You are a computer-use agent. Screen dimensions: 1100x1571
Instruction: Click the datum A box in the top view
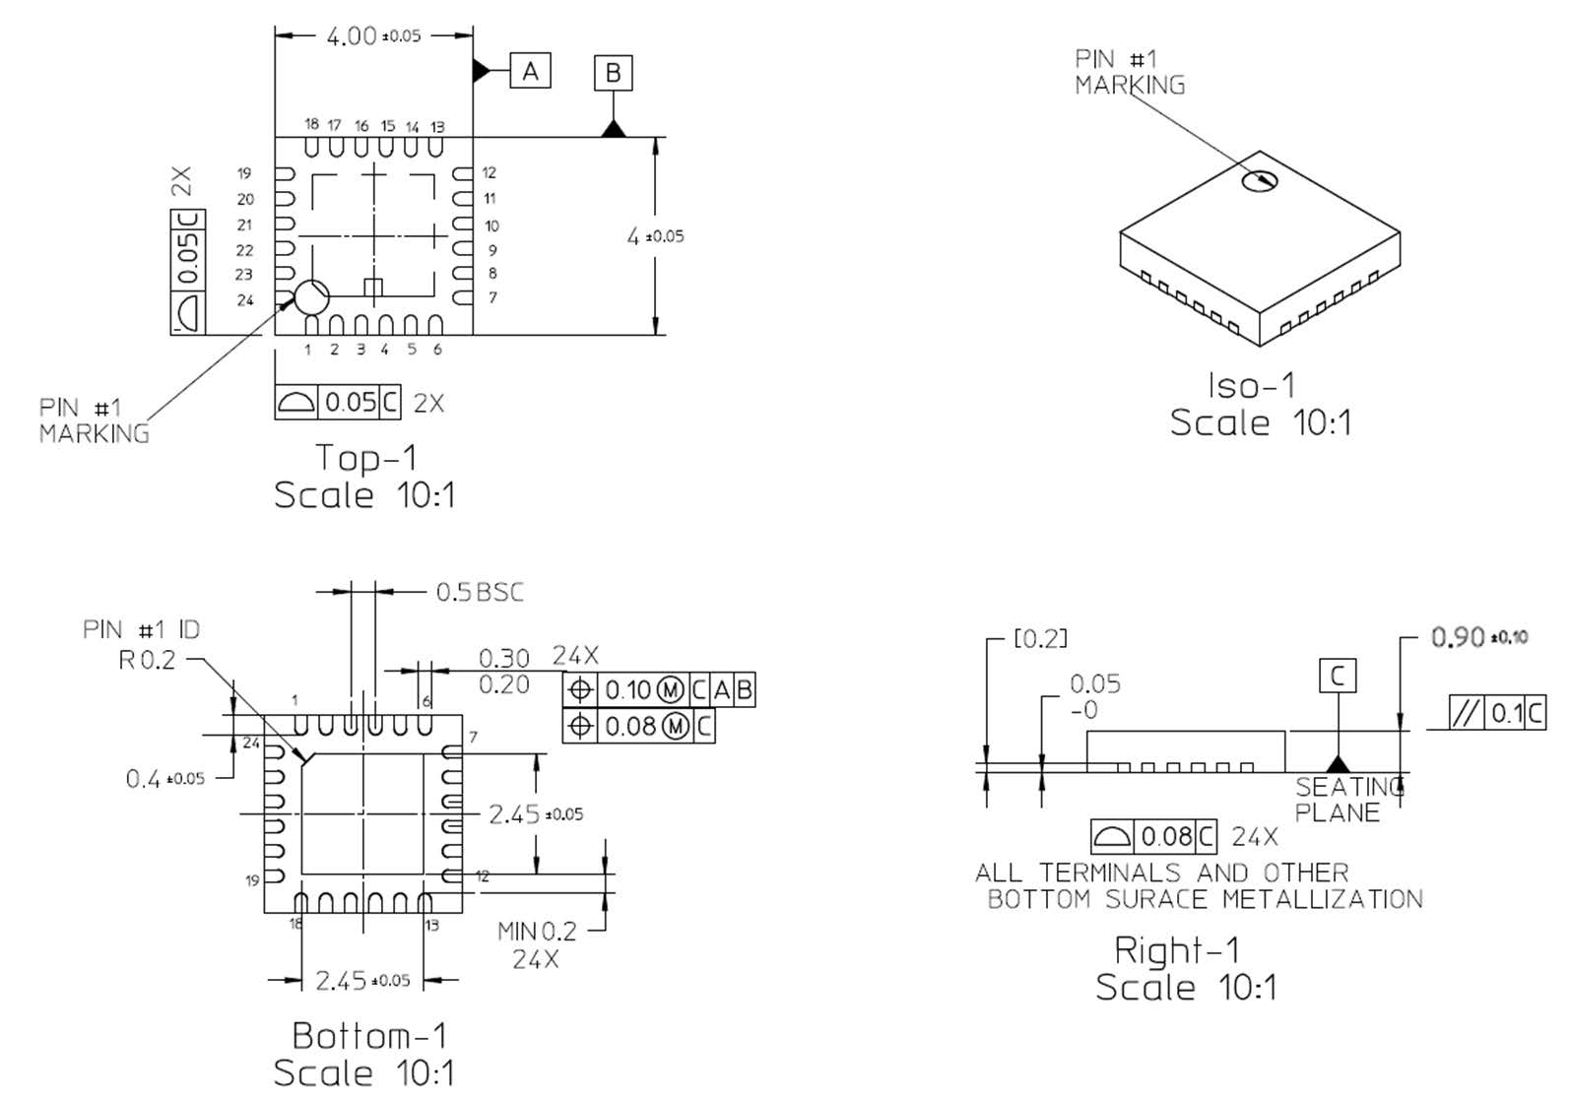point(530,71)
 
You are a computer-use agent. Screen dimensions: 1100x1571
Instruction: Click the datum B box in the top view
point(613,73)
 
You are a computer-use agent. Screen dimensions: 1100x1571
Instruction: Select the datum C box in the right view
point(1337,677)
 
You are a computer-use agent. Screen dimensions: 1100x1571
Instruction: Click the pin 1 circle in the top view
point(311,295)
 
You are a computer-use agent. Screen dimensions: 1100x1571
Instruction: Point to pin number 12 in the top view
point(489,172)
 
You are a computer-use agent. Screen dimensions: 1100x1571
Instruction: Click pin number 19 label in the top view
point(244,173)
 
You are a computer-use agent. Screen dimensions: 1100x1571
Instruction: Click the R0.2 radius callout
point(147,660)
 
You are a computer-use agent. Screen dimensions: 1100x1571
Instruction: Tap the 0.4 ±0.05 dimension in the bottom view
point(164,779)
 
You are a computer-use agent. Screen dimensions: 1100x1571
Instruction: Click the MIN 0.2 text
point(537,931)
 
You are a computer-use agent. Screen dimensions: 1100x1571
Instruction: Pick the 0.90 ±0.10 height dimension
point(1478,637)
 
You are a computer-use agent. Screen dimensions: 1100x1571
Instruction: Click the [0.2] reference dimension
point(1040,639)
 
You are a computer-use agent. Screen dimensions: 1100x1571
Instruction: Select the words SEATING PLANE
point(1348,800)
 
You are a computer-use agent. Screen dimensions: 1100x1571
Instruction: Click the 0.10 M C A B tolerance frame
point(658,690)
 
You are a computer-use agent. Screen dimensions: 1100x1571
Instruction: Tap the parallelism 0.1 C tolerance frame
point(1496,712)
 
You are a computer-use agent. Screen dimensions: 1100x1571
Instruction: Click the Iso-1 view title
point(1252,386)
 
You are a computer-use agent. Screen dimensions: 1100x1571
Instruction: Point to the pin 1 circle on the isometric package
point(1259,180)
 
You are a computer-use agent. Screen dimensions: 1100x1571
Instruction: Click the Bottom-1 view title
point(369,1036)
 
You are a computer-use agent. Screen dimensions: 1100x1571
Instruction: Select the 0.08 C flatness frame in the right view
point(1153,837)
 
